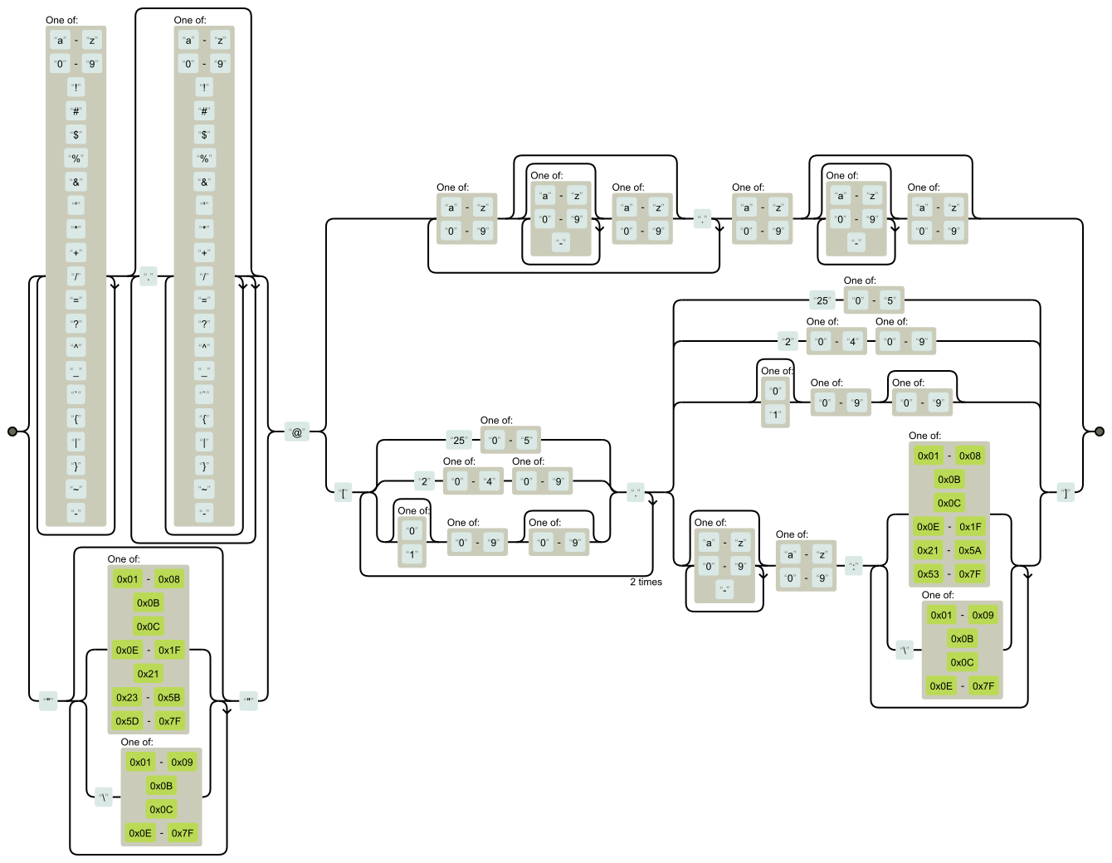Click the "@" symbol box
(x=297, y=432)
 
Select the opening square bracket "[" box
(x=344, y=495)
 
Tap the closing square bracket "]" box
(x=1066, y=494)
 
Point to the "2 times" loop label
(x=646, y=582)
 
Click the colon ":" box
(x=853, y=567)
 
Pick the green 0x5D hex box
(x=128, y=721)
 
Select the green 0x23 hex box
(x=128, y=698)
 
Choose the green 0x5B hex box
(x=169, y=698)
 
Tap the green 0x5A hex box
(x=970, y=550)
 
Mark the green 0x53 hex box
(x=929, y=573)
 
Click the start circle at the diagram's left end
(x=12, y=431)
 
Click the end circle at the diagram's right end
(x=1100, y=431)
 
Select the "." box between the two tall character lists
(x=149, y=277)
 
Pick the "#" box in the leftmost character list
(x=76, y=111)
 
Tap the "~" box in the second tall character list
(x=204, y=490)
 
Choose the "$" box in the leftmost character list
(x=76, y=134)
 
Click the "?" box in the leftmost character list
(x=76, y=324)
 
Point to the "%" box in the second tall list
(x=204, y=158)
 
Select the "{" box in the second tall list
(x=204, y=418)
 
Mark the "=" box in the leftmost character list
(x=76, y=300)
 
